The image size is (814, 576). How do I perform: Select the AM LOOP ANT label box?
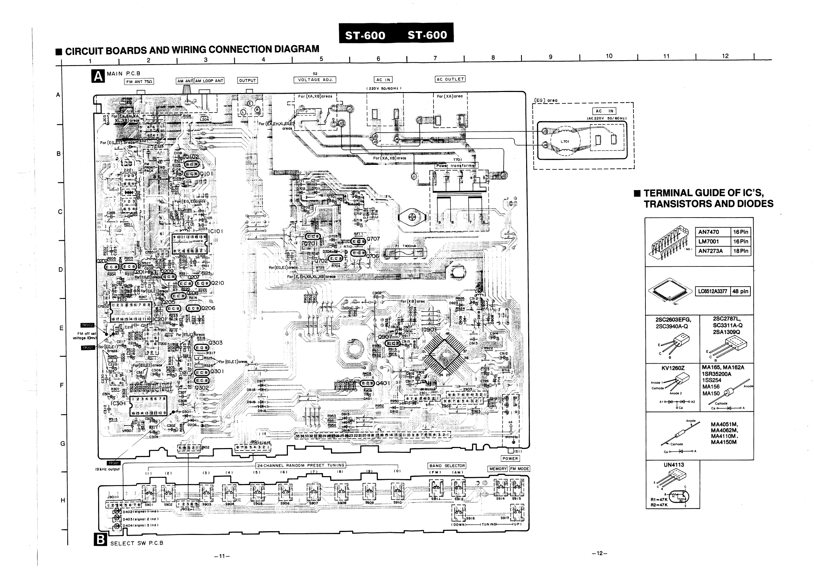(209, 81)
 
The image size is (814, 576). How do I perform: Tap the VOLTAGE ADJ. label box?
(315, 80)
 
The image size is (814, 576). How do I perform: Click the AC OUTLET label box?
(450, 79)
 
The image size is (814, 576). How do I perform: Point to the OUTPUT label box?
(248, 80)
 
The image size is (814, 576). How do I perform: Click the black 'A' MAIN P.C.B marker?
(98, 76)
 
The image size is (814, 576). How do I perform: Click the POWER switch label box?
(510, 459)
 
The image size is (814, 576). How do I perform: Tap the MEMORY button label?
(498, 469)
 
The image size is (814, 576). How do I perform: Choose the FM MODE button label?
(519, 469)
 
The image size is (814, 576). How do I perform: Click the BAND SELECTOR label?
(447, 466)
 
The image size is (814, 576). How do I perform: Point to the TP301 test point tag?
(114, 463)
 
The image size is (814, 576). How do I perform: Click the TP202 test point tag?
(88, 325)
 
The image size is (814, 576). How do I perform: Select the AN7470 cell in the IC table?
(709, 232)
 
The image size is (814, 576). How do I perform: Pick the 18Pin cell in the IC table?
(741, 251)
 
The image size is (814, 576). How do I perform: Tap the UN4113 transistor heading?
(673, 465)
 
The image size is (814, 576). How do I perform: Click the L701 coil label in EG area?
(565, 142)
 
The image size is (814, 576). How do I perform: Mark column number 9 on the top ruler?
(550, 57)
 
